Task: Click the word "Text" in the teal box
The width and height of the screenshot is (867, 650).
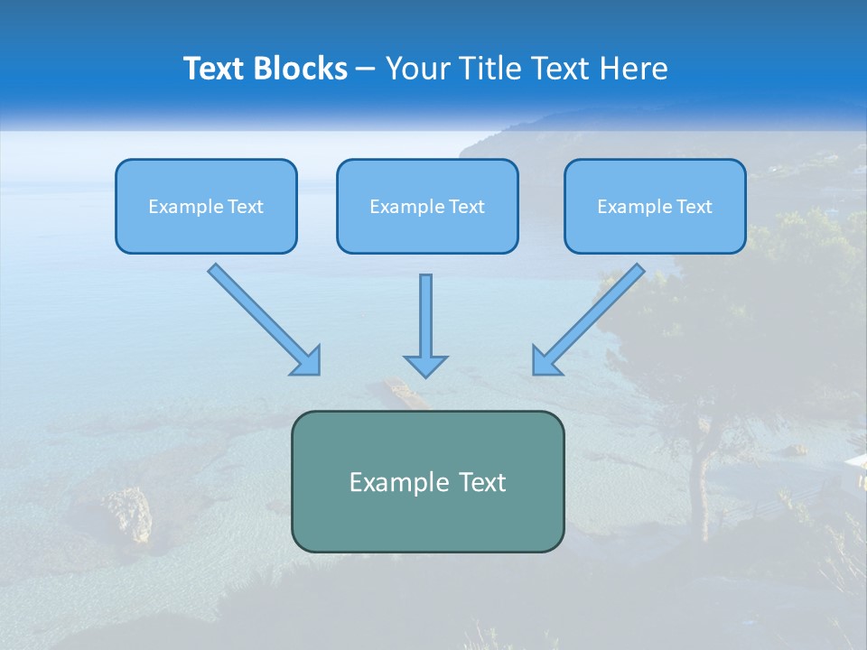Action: [483, 482]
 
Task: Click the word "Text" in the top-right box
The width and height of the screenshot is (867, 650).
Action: [695, 207]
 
